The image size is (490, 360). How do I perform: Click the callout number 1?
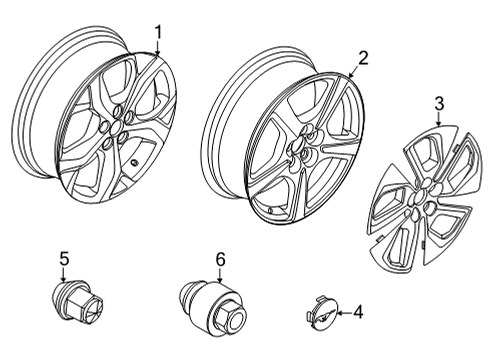coord(157,32)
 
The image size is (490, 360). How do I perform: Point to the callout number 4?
coord(357,313)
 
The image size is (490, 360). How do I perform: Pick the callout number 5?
coord(64,259)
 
